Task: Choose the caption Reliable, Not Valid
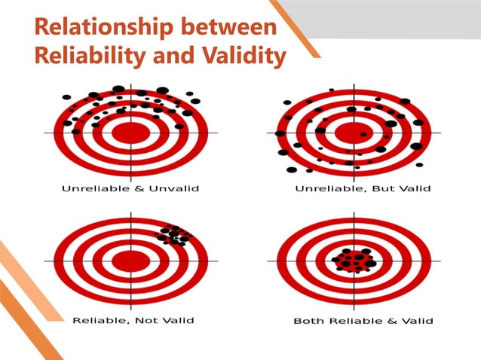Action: tap(133, 320)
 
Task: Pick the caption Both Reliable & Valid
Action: tap(363, 322)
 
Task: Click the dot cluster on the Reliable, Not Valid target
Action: tap(173, 234)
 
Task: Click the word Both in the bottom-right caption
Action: tap(307, 322)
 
